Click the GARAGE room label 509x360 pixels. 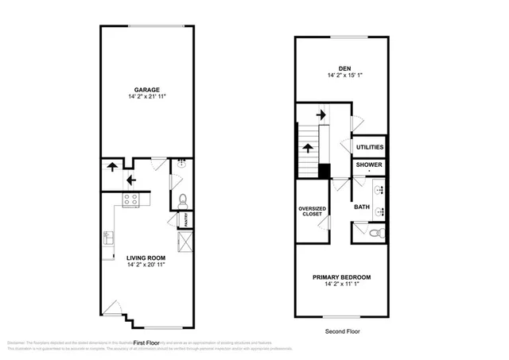(147, 89)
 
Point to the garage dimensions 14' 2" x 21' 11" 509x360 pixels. (147, 97)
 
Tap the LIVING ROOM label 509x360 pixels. (146, 256)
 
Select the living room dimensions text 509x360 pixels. (146, 264)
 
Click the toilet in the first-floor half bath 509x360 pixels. (181, 199)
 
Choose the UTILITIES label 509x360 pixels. (370, 147)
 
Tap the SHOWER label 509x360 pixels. (369, 165)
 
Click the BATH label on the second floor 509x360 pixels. (362, 207)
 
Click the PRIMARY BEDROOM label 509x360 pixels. (342, 277)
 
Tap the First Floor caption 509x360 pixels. (147, 343)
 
